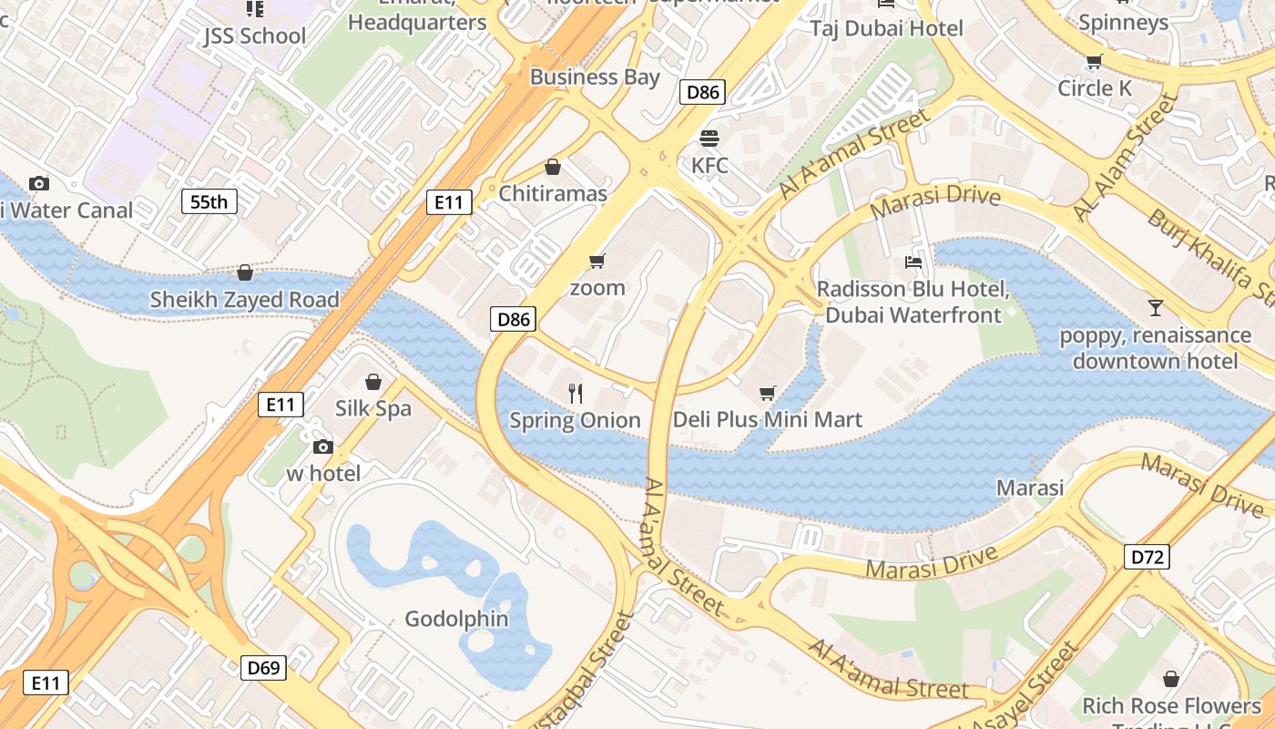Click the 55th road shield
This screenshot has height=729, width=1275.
pyautogui.click(x=209, y=201)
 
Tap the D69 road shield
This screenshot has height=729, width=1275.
pyautogui.click(x=263, y=668)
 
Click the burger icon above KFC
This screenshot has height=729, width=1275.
pyautogui.click(x=709, y=139)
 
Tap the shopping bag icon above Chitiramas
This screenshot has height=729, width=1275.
pyautogui.click(x=552, y=167)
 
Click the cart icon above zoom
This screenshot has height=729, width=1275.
pyautogui.click(x=597, y=262)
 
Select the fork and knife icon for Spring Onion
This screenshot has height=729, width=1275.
pyautogui.click(x=575, y=394)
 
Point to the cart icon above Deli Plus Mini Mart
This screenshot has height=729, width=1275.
pyautogui.click(x=767, y=393)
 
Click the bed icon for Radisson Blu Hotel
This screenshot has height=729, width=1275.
pyautogui.click(x=913, y=262)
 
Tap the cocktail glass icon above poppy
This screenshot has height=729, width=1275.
pyautogui.click(x=1155, y=308)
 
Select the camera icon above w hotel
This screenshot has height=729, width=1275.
pyautogui.click(x=322, y=447)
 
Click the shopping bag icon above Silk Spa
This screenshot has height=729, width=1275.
pyautogui.click(x=372, y=381)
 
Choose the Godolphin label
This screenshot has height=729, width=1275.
pyautogui.click(x=456, y=619)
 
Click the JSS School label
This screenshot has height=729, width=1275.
pyautogui.click(x=254, y=36)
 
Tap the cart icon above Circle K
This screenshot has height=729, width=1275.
pyautogui.click(x=1094, y=62)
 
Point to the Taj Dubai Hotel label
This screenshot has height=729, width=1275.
pyautogui.click(x=886, y=28)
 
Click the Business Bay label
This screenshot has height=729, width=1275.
pyautogui.click(x=595, y=77)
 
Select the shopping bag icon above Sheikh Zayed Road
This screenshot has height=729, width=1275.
pyautogui.click(x=244, y=272)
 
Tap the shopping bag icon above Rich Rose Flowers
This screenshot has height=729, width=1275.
pyautogui.click(x=1170, y=679)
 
